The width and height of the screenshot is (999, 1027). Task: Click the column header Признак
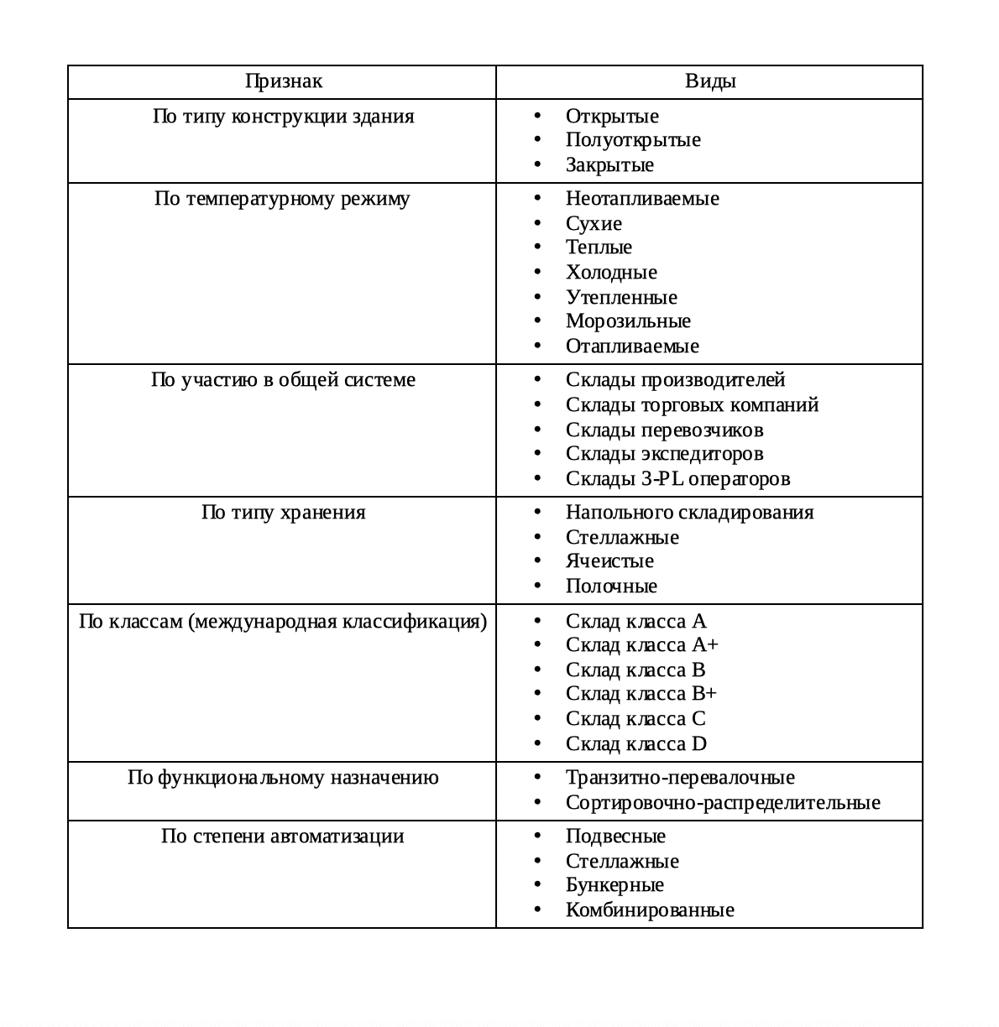pyautogui.click(x=283, y=81)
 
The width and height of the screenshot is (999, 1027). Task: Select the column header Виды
pyautogui.click(x=710, y=81)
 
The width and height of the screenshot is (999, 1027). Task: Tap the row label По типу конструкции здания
pyautogui.click(x=283, y=116)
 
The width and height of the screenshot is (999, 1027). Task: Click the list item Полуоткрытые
pyautogui.click(x=633, y=140)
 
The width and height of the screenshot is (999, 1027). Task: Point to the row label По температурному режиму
pyautogui.click(x=282, y=199)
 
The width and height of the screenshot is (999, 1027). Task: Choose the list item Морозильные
pyautogui.click(x=628, y=321)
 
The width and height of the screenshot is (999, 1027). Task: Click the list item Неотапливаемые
pyautogui.click(x=642, y=199)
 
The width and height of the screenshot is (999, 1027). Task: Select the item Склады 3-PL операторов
pyautogui.click(x=677, y=479)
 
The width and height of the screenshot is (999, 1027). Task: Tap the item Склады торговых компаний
pyautogui.click(x=692, y=405)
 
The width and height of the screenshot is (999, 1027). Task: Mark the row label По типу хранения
pyautogui.click(x=283, y=513)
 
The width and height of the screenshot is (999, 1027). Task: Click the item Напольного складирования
pyautogui.click(x=689, y=513)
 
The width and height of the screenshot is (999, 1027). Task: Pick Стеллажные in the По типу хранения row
pyautogui.click(x=622, y=538)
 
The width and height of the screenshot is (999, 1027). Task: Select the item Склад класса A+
pyautogui.click(x=642, y=645)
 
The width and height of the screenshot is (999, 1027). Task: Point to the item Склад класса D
pyautogui.click(x=636, y=744)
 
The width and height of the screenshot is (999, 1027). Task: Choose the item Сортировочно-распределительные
pyautogui.click(x=723, y=803)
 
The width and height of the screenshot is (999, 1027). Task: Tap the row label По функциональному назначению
pyautogui.click(x=283, y=778)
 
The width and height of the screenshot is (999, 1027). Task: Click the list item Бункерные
pyautogui.click(x=615, y=885)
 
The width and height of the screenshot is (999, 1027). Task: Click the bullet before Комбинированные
pyautogui.click(x=537, y=910)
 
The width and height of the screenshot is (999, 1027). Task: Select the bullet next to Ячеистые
pyautogui.click(x=537, y=561)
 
